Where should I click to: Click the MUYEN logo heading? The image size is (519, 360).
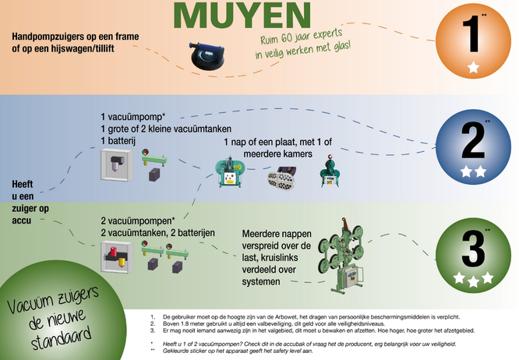[242, 15]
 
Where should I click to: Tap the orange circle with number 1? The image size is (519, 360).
[473, 41]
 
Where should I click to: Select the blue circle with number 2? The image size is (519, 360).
[473, 147]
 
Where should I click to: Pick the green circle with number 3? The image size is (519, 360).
[473, 255]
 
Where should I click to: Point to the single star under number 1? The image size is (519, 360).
[473, 67]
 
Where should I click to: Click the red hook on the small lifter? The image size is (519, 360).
[330, 157]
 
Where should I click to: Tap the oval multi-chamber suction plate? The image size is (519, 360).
[281, 178]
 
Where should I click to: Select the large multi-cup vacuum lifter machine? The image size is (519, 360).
[341, 256]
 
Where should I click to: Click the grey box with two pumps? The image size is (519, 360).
[117, 257]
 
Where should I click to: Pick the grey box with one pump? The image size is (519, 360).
[117, 164]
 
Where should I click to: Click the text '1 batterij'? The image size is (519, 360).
[118, 140]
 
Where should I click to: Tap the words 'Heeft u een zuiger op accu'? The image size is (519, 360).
[30, 202]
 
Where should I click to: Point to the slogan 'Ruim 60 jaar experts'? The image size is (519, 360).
[302, 37]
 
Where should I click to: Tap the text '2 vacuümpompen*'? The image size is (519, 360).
[138, 221]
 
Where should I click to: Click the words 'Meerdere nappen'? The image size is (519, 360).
[277, 234]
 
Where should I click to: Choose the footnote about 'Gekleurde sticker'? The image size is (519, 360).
[231, 351]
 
